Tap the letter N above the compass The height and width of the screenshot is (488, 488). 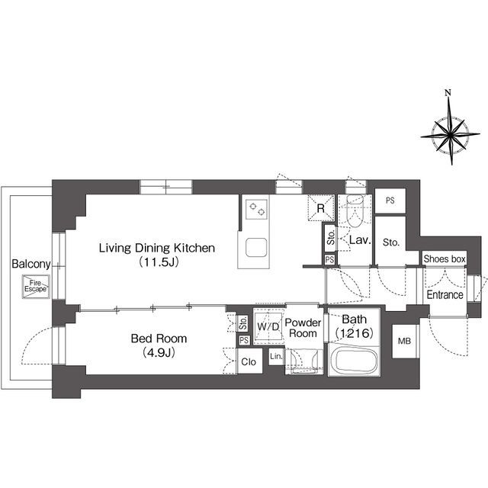448,94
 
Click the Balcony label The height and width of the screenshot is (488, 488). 30,265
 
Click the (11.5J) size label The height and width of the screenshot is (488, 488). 159,263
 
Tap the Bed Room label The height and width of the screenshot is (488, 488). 159,339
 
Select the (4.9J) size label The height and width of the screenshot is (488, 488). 159,353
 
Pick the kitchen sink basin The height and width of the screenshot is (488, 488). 255,249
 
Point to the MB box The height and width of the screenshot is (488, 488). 403,341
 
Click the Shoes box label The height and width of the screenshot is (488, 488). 445,259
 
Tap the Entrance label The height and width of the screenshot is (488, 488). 445,295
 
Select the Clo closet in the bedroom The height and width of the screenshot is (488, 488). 249,361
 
